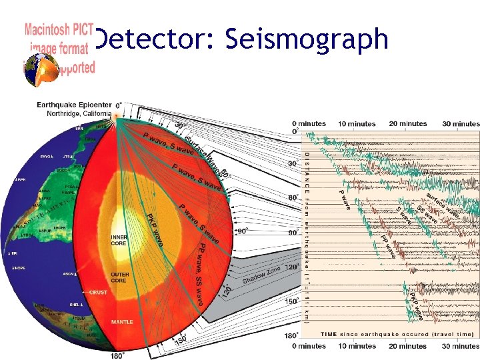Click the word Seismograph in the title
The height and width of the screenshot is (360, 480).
click(x=307, y=39)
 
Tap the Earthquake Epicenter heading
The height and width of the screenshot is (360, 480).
click(x=74, y=105)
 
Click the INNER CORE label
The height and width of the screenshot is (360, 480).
click(x=118, y=240)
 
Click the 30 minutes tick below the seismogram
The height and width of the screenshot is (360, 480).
click(x=460, y=346)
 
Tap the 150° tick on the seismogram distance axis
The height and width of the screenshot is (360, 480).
click(x=291, y=301)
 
